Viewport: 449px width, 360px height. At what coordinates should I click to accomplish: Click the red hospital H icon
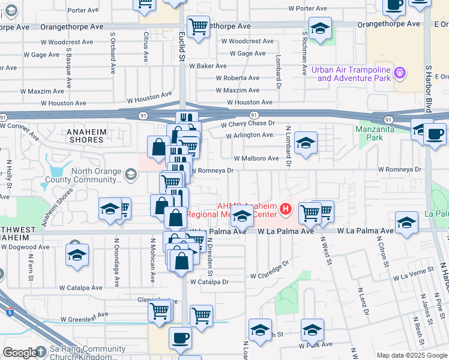[x=286, y=209]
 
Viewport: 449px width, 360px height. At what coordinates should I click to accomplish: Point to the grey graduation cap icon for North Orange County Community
[x=130, y=175]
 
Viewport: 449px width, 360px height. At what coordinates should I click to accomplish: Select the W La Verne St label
[x=413, y=275]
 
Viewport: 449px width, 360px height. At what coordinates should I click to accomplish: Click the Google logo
[x=20, y=353]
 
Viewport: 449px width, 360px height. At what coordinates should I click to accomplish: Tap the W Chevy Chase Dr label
[x=247, y=124]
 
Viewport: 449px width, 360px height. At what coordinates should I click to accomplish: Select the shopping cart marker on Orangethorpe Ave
[x=198, y=26]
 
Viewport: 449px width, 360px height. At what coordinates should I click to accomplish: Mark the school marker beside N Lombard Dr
[x=306, y=143]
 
